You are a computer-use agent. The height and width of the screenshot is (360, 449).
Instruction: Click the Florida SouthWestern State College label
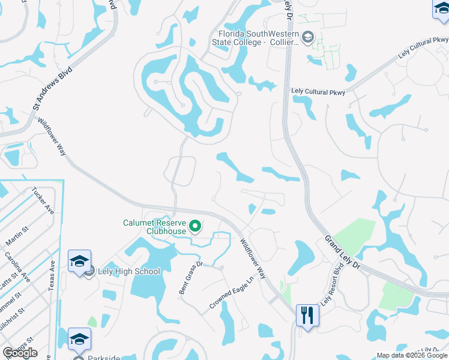[255, 38]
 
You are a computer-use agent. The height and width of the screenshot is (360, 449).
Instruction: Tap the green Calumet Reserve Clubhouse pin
[194, 226]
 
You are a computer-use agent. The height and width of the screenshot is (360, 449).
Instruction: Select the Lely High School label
[130, 271]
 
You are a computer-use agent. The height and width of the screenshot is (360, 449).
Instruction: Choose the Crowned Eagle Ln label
[228, 298]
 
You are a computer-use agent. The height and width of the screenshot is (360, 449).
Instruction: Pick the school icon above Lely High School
[79, 261]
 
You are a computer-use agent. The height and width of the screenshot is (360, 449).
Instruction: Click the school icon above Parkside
[79, 339]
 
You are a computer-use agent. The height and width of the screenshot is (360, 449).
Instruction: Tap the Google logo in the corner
[20, 352]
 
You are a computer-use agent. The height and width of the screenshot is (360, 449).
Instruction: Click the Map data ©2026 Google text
[412, 355]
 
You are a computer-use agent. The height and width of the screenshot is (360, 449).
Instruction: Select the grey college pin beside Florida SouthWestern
[308, 38]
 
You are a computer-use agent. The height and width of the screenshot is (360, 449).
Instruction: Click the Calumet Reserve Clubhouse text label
[154, 226]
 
